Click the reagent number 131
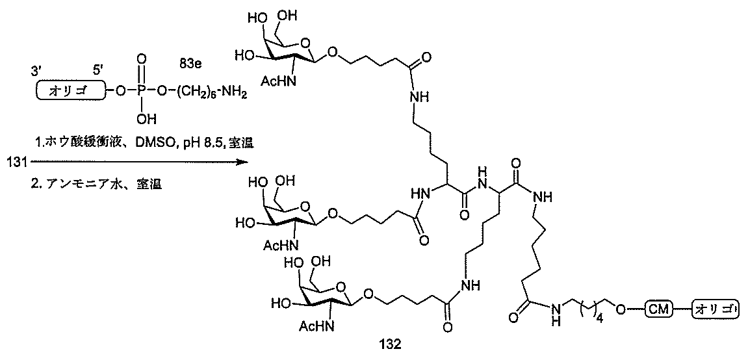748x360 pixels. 13,160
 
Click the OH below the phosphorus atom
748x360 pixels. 147,119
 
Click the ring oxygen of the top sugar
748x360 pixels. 304,46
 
